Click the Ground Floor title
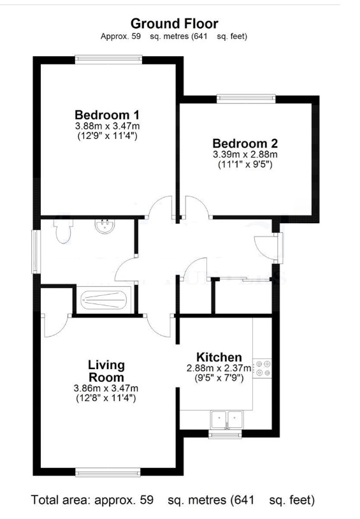[174, 24]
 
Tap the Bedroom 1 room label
[107, 115]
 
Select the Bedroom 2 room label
[245, 143]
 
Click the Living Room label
[106, 371]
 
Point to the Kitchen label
[219, 357]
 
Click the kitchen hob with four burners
[263, 369]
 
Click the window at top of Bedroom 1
[107, 60]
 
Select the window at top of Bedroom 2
[245, 99]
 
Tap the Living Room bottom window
[106, 472]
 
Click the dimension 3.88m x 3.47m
[107, 127]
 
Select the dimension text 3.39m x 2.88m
[245, 155]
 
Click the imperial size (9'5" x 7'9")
[219, 377]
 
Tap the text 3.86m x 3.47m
[106, 388]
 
